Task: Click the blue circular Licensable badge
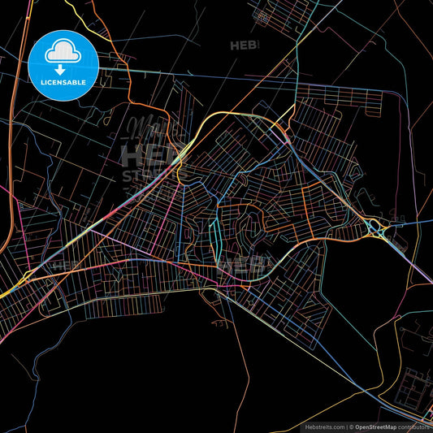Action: click(63, 66)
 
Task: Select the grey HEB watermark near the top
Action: click(245, 45)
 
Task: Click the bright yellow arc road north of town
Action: click(236, 114)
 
